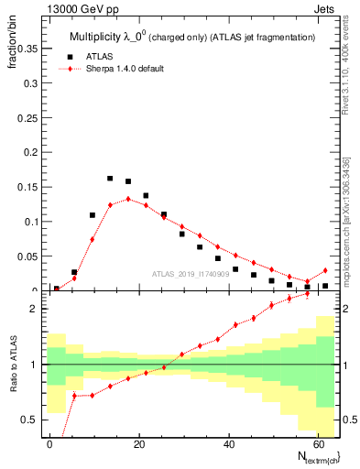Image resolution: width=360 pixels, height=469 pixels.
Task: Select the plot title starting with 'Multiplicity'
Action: [x=192, y=37]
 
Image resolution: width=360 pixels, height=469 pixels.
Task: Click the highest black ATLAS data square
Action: [x=110, y=179]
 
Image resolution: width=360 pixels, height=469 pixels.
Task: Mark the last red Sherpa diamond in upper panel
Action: [x=325, y=270]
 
